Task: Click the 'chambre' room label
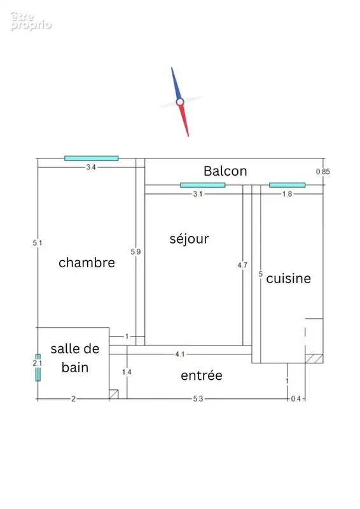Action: pyautogui.click(x=87, y=263)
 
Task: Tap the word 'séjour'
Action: pyautogui.click(x=190, y=239)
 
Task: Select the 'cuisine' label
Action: pyautogui.click(x=289, y=279)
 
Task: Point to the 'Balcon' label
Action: pyautogui.click(x=225, y=171)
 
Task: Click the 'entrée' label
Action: pyautogui.click(x=202, y=375)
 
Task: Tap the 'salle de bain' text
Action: pyautogui.click(x=75, y=358)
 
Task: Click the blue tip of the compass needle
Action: pyautogui.click(x=172, y=68)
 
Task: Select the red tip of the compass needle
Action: pyautogui.click(x=188, y=136)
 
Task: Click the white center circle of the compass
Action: pyautogui.click(x=180, y=102)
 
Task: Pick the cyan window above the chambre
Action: pyautogui.click(x=91, y=158)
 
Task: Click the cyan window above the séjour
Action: pyautogui.click(x=202, y=185)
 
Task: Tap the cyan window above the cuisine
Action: pyautogui.click(x=287, y=185)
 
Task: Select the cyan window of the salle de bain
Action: pyautogui.click(x=38, y=368)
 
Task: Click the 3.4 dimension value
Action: pyautogui.click(x=91, y=167)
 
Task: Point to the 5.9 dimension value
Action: pyautogui.click(x=135, y=251)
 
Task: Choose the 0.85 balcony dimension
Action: pyautogui.click(x=323, y=172)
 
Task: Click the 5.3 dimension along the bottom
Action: pyautogui.click(x=198, y=399)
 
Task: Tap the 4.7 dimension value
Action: pyautogui.click(x=242, y=265)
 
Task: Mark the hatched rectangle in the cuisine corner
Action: pyautogui.click(x=314, y=359)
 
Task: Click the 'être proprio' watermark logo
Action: pyautogui.click(x=31, y=22)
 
